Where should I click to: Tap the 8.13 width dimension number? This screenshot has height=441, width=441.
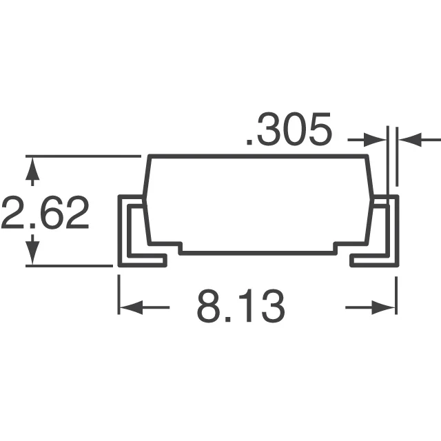pyautogui.click(x=240, y=307)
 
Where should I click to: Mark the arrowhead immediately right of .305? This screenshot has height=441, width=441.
pyautogui.click(x=378, y=140)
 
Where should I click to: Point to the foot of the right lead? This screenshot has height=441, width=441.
pyautogui.click(x=373, y=260)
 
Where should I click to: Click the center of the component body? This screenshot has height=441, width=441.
pyautogui.click(x=258, y=203)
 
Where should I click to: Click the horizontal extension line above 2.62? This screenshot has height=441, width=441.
pyautogui.click(x=83, y=156)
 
